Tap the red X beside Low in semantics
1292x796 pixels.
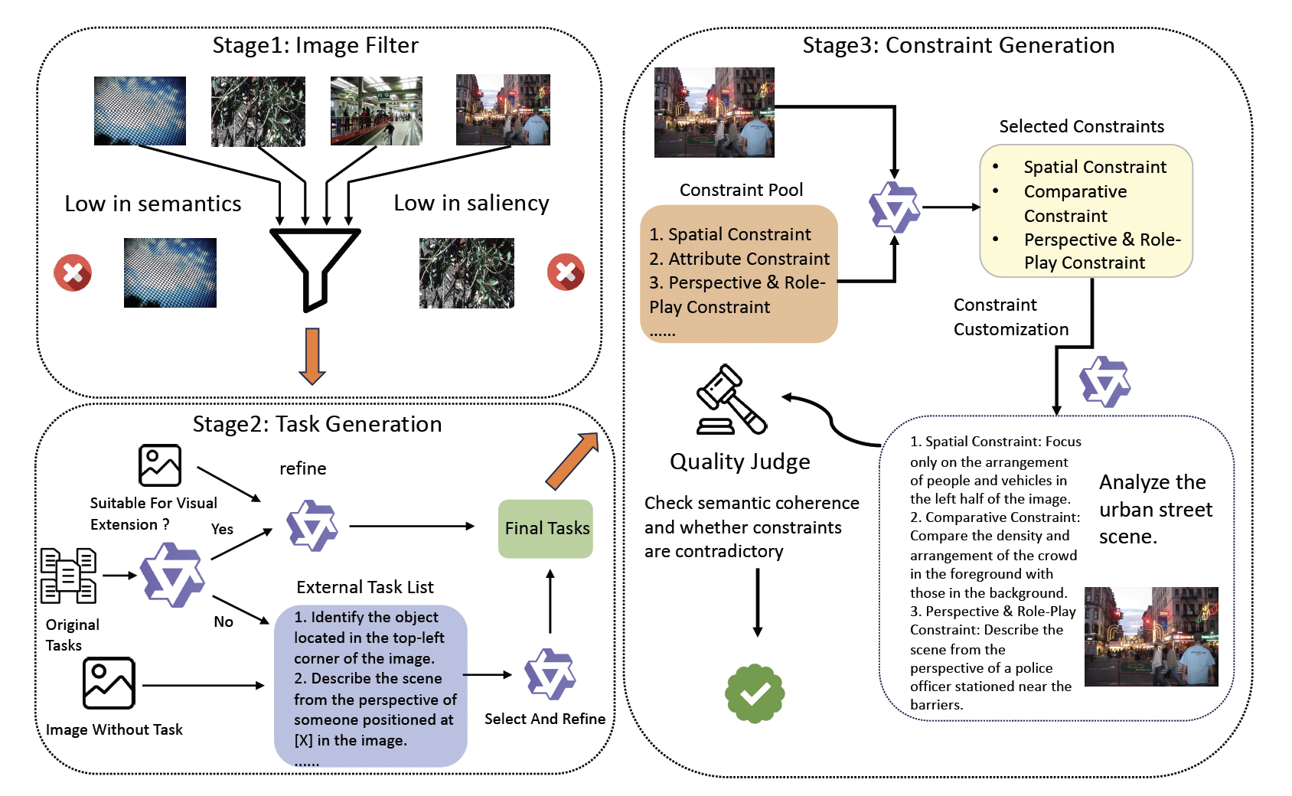coord(73,272)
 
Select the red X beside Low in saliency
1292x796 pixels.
coord(566,272)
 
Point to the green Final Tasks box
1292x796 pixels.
coord(546,528)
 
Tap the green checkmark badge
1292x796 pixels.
coord(755,693)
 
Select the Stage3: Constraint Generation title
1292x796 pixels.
coord(958,46)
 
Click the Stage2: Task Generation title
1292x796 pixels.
coord(317,424)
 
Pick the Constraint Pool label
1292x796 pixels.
coord(741,190)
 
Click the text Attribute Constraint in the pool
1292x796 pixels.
coord(749,259)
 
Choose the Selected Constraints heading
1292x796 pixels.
coord(1081,126)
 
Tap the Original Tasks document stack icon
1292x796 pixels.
coord(68,576)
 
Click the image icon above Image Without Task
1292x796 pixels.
coord(109,683)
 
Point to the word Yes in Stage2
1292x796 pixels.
coord(222,529)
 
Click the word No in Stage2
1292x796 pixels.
coord(223,621)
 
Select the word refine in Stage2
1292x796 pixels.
coord(302,468)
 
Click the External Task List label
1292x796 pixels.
coord(364,587)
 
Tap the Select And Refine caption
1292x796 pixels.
coord(544,719)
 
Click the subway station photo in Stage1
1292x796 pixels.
coord(376,110)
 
